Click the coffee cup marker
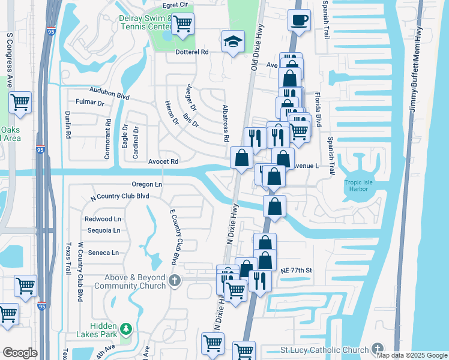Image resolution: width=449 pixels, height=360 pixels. coord(298,21)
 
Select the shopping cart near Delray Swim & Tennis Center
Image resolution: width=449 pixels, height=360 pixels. coord(182,25)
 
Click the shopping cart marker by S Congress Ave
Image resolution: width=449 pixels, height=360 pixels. coord(20,103)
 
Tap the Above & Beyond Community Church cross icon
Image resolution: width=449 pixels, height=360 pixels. coord(174,280)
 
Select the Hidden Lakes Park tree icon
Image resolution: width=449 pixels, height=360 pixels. coord(125,329)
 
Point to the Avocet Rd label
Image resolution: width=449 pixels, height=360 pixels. coord(163,161)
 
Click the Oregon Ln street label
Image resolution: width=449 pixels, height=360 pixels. coord(146,185)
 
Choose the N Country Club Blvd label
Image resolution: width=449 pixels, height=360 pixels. coord(119,196)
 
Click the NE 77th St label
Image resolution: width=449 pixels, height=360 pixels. coord(297,271)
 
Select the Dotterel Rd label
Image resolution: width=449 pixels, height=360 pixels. coord(191,52)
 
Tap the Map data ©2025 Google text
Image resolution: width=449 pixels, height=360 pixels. coord(411,355)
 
